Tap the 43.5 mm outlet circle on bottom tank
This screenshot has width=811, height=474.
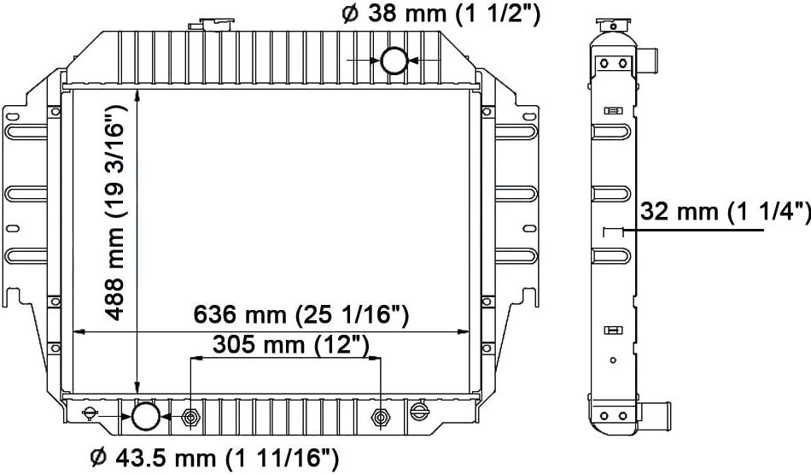(146, 416)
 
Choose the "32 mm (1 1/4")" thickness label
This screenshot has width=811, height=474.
(725, 213)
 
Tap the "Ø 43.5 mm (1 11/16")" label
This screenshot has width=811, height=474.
(214, 459)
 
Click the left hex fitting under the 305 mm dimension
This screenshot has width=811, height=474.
(190, 417)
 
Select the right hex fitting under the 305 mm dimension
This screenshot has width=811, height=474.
(381, 417)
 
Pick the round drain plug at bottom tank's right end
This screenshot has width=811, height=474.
(417, 413)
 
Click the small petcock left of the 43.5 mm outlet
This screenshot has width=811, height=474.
(90, 414)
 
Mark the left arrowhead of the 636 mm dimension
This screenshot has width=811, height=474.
(78, 331)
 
